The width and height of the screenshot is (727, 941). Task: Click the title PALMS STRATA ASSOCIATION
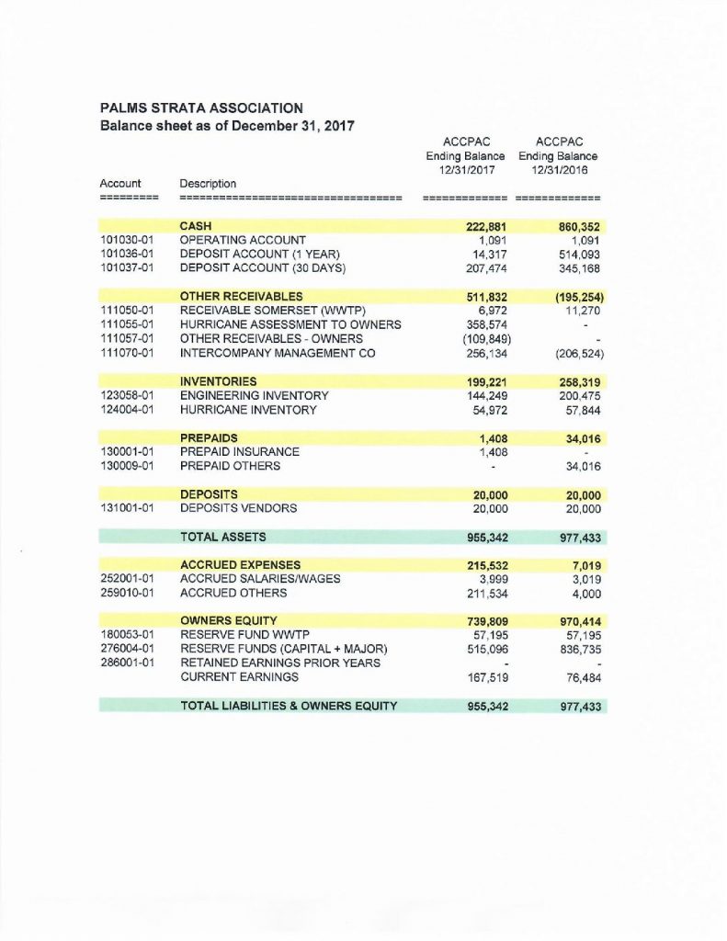(x=200, y=108)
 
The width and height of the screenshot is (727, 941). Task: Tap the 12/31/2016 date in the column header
(x=559, y=171)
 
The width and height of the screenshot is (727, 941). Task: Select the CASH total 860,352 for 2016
(x=575, y=225)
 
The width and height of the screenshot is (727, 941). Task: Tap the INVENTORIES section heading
(x=218, y=380)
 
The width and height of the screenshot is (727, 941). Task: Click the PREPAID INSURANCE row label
(x=239, y=451)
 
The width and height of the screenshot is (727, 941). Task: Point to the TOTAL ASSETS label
(x=223, y=536)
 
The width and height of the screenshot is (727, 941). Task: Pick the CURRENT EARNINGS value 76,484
(x=578, y=677)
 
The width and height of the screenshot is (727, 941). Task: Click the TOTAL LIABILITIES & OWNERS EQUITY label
(x=289, y=706)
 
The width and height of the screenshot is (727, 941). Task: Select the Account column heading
(x=119, y=183)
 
